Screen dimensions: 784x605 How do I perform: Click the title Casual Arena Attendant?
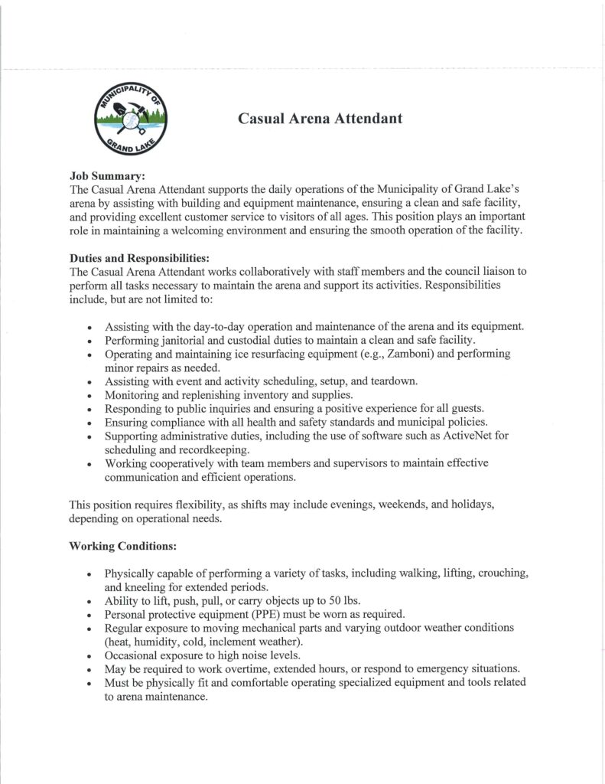point(320,118)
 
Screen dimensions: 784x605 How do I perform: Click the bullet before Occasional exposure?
point(90,655)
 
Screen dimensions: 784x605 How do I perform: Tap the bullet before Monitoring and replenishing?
point(90,396)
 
